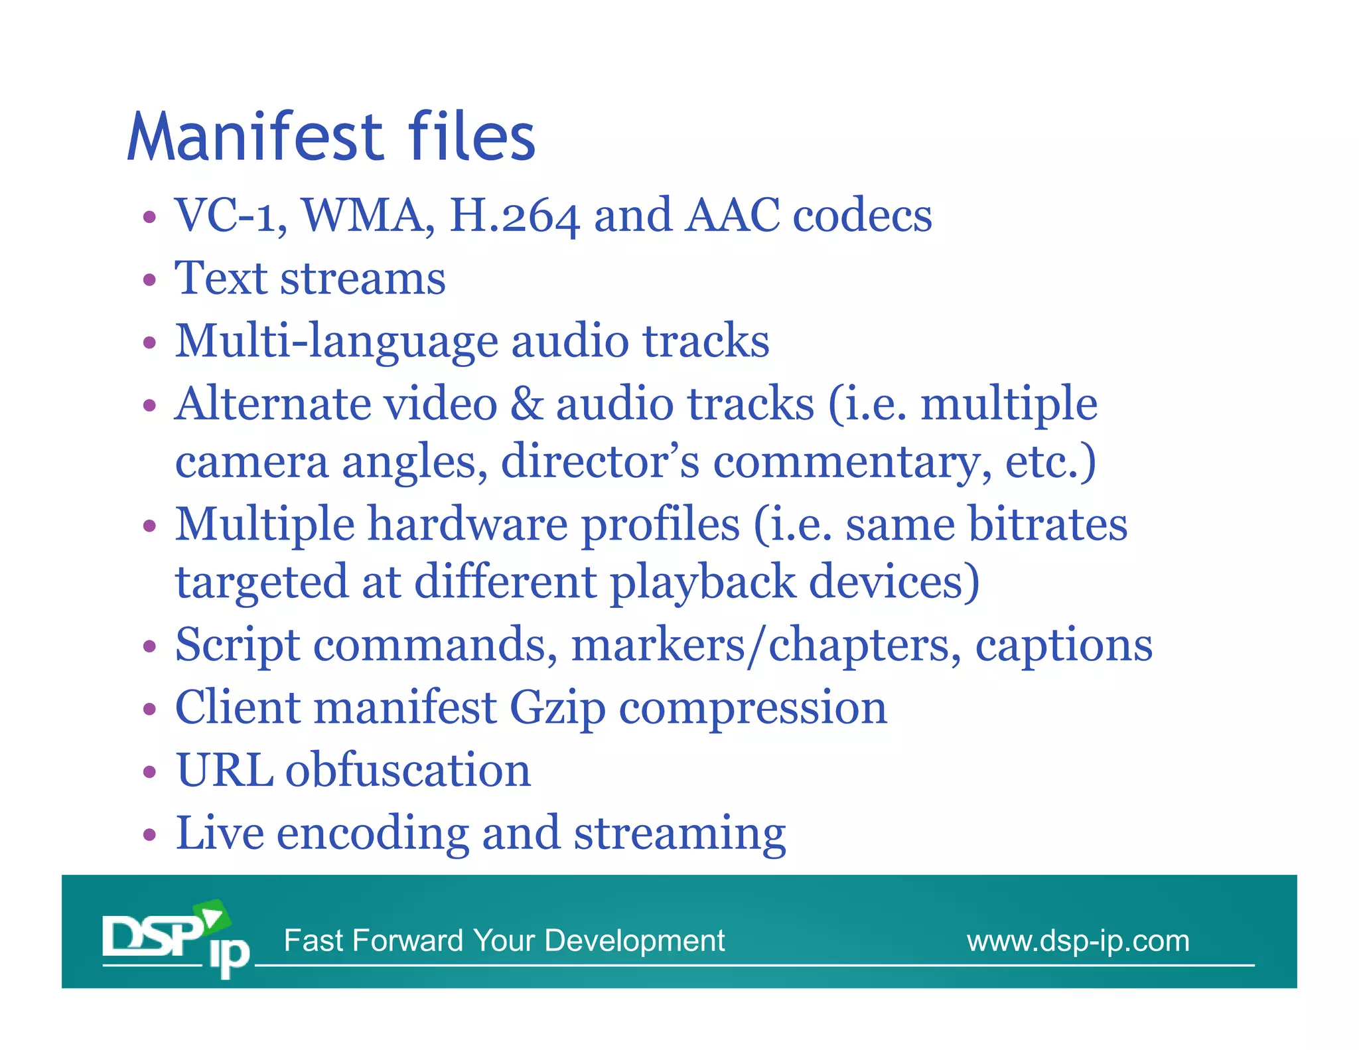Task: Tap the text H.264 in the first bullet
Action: click(514, 216)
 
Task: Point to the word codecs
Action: click(863, 216)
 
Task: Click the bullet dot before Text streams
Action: click(150, 280)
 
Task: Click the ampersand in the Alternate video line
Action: click(527, 404)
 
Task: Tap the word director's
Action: click(600, 461)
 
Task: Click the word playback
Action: click(702, 583)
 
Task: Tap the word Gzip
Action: click(557, 709)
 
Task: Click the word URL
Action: click(224, 771)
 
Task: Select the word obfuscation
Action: click(408, 771)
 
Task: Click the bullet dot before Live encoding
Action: click(150, 835)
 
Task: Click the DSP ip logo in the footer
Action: click(176, 938)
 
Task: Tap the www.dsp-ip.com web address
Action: click(1078, 941)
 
